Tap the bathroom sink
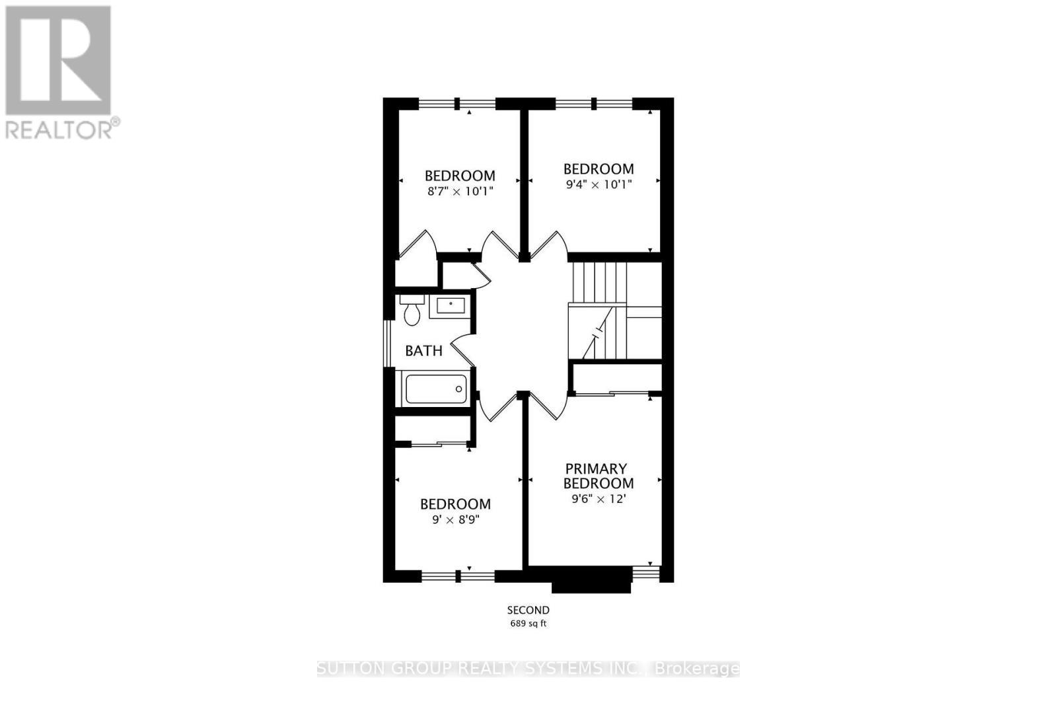pyautogui.click(x=451, y=306)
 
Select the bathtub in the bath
pyautogui.click(x=435, y=389)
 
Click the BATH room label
pyautogui.click(x=423, y=351)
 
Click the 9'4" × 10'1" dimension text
pyautogui.click(x=599, y=184)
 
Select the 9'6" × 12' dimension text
pyautogui.click(x=599, y=499)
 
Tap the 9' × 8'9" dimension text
pyautogui.click(x=456, y=519)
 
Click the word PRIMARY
pyautogui.click(x=596, y=468)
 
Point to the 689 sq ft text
pyautogui.click(x=528, y=623)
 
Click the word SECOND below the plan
pyautogui.click(x=528, y=610)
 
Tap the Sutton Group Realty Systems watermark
pyautogui.click(x=528, y=669)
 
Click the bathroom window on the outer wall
pyautogui.click(x=388, y=342)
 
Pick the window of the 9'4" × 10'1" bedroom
pyautogui.click(x=593, y=103)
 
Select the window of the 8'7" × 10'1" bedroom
pyautogui.click(x=457, y=103)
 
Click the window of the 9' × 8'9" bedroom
pyautogui.click(x=458, y=576)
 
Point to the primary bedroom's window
pyautogui.click(x=646, y=573)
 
